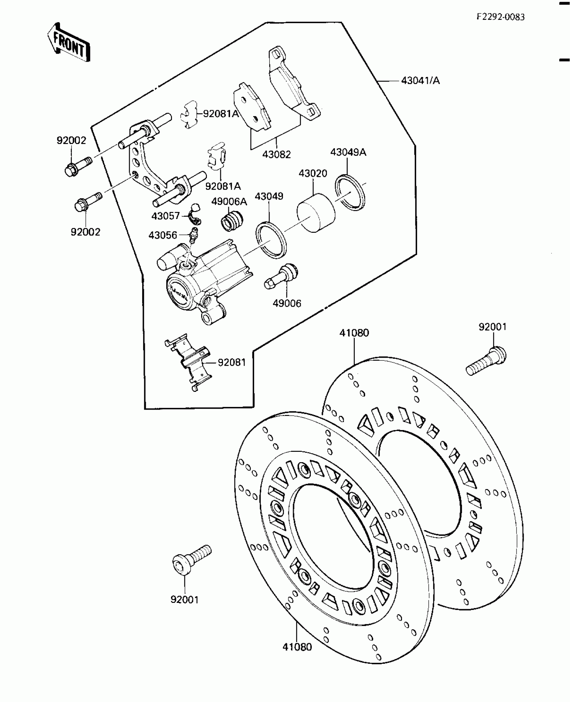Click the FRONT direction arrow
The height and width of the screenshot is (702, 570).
pyautogui.click(x=69, y=43)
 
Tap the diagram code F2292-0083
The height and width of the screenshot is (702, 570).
pyautogui.click(x=501, y=17)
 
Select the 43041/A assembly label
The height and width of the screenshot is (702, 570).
pyautogui.click(x=420, y=81)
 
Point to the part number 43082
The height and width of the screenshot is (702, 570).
pyautogui.click(x=276, y=155)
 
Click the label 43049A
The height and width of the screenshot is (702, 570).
pyautogui.click(x=348, y=152)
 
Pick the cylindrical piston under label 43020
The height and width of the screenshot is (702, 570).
pyautogui.click(x=316, y=213)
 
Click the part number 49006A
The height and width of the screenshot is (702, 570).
pyautogui.click(x=229, y=202)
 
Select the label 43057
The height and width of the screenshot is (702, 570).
pyautogui.click(x=166, y=216)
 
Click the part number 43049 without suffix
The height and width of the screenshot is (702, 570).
pyautogui.click(x=269, y=196)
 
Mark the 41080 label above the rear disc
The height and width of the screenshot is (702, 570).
pyautogui.click(x=354, y=333)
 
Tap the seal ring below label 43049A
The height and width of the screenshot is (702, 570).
pyautogui.click(x=350, y=193)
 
